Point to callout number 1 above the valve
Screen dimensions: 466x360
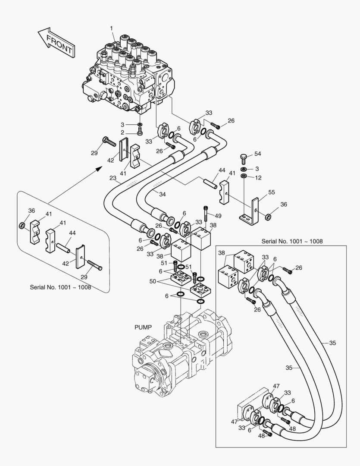(x=111, y=28)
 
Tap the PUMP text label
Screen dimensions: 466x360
(x=143, y=327)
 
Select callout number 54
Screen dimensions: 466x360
(x=258, y=154)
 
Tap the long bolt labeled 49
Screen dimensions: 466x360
(x=207, y=214)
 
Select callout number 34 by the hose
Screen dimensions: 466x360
(x=162, y=195)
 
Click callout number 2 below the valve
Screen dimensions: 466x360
(x=122, y=132)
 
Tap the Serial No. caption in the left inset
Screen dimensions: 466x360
(x=60, y=287)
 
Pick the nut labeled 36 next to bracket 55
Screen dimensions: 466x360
(x=268, y=216)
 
